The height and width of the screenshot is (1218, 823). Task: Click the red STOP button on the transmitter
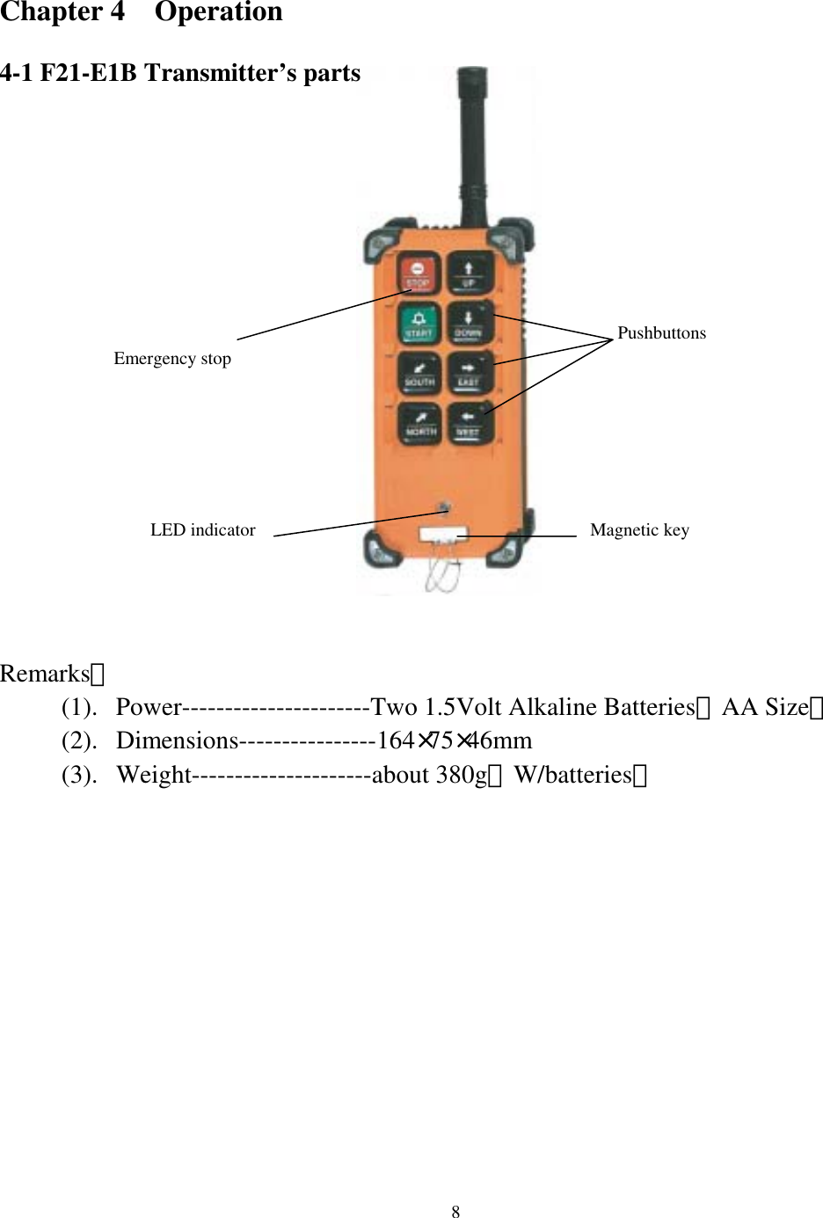click(418, 274)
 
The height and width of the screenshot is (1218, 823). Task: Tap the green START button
click(419, 324)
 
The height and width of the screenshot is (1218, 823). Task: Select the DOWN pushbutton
click(468, 324)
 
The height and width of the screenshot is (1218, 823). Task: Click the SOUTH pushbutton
click(419, 373)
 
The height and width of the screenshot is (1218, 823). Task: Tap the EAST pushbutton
click(468, 373)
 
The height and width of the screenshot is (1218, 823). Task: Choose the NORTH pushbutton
click(420, 423)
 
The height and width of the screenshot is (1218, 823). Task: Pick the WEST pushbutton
click(468, 423)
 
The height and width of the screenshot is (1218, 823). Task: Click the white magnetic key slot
click(442, 534)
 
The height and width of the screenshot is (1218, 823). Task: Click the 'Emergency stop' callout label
click(172, 359)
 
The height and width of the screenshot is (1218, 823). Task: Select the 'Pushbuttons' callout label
click(661, 333)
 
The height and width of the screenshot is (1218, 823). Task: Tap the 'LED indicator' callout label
click(202, 530)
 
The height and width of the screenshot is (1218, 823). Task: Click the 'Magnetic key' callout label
click(639, 530)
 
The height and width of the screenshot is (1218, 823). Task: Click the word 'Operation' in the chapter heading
click(218, 12)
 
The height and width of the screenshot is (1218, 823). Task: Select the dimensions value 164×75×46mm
click(454, 741)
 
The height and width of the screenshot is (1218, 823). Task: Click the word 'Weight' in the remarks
click(154, 775)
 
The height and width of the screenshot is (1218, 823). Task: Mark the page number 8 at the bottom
click(455, 1212)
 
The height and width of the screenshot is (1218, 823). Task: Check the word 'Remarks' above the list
click(46, 674)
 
